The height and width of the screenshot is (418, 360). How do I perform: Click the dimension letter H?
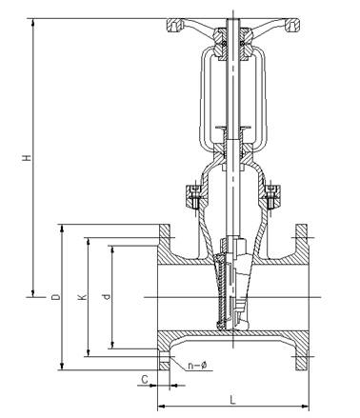click(28, 157)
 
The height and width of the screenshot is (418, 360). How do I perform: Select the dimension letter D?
click(56, 297)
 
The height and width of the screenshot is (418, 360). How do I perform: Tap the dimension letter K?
click(82, 297)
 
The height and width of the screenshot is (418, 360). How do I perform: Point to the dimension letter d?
click(107, 297)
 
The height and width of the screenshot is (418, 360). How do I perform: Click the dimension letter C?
click(145, 380)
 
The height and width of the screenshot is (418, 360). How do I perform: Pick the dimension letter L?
click(233, 400)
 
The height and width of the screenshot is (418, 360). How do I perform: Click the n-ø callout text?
click(197, 366)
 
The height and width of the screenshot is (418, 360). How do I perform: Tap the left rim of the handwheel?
click(174, 25)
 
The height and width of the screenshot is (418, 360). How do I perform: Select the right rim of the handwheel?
click(292, 25)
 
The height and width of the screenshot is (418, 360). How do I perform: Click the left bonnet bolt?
click(195, 197)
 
